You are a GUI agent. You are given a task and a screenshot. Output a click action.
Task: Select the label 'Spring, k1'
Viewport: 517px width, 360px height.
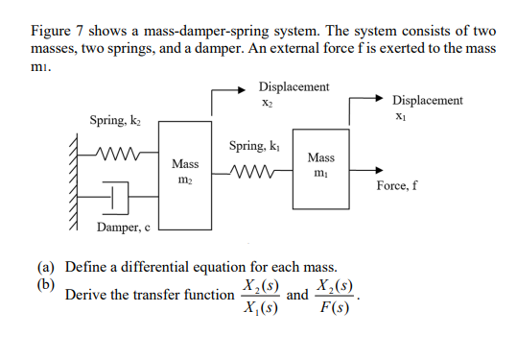(x=255, y=146)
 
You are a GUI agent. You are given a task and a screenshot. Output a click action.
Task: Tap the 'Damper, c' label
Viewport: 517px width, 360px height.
(x=123, y=228)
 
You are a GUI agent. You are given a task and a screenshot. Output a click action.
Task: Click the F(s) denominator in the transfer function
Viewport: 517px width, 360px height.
(x=338, y=313)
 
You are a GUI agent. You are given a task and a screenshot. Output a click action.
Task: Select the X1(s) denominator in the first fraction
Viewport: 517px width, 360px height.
(x=259, y=313)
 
